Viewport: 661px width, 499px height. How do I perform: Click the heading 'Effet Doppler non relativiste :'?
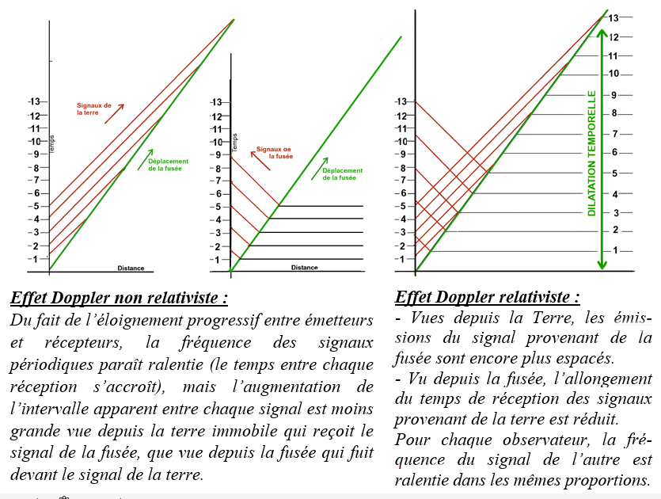pos(119,299)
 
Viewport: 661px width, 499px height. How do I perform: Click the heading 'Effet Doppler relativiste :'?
pos(486,297)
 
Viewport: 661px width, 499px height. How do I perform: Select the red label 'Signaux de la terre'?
pos(94,109)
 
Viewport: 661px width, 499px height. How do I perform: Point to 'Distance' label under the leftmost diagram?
pos(131,268)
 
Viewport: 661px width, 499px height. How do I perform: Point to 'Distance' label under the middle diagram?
pos(304,268)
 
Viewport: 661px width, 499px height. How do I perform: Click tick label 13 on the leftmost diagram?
pos(34,101)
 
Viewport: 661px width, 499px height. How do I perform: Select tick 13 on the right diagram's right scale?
pos(614,17)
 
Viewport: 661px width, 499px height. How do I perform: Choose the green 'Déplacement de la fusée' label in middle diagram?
pos(343,174)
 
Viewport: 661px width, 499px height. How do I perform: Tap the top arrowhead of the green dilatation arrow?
pos(602,33)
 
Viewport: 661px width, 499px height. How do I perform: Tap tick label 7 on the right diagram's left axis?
pos(401,181)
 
